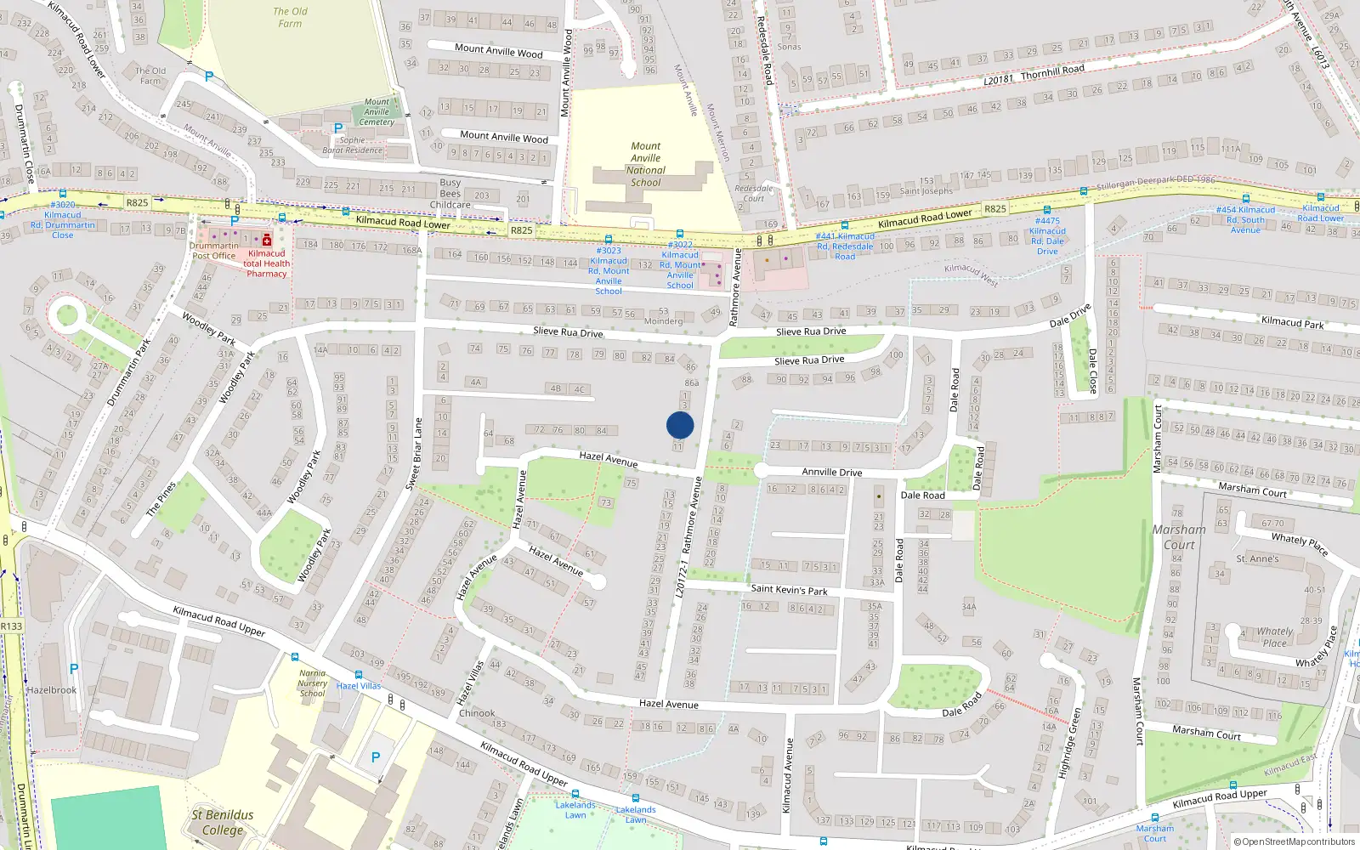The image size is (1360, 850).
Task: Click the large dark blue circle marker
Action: click(680, 425)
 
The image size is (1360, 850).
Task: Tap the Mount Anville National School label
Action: click(645, 164)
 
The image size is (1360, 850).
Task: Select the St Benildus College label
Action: click(222, 822)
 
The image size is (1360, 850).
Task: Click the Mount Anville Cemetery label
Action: click(377, 111)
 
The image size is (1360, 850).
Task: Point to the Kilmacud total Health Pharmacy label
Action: click(267, 263)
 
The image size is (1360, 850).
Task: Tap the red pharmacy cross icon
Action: click(267, 241)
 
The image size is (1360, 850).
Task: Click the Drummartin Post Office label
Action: click(213, 251)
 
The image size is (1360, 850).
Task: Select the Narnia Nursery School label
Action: click(312, 683)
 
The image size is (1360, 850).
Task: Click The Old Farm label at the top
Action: click(290, 17)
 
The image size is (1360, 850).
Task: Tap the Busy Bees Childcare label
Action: click(450, 194)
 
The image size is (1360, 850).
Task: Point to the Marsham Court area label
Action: click(1179, 536)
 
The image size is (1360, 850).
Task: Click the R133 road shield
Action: click(11, 626)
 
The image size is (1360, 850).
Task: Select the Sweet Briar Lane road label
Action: click(414, 453)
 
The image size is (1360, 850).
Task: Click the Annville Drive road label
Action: click(831, 472)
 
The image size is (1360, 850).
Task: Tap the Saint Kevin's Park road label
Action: click(789, 589)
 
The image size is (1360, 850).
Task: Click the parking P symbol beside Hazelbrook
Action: click(74, 670)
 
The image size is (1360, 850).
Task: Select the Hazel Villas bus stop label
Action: click(359, 686)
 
